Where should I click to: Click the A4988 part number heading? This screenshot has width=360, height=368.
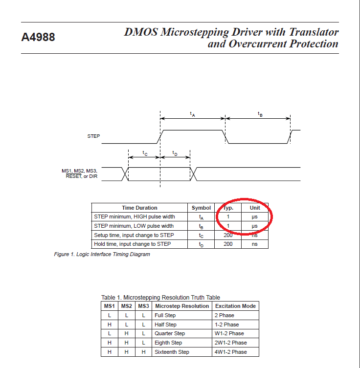(x=38, y=37)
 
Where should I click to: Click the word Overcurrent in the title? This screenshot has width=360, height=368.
(x=258, y=44)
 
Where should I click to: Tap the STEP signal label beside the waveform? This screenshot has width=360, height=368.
(x=93, y=136)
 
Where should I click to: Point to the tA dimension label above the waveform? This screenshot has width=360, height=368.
(x=193, y=114)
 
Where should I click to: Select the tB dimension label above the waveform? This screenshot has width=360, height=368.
(x=260, y=114)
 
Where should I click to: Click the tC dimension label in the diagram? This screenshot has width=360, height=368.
(x=145, y=153)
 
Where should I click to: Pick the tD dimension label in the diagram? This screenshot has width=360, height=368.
(x=175, y=153)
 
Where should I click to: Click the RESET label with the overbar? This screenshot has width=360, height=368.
(x=73, y=176)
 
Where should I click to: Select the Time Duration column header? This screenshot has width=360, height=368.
(x=139, y=208)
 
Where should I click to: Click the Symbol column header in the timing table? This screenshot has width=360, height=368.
(x=201, y=208)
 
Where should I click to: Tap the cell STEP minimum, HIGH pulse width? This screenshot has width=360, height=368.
(x=135, y=216)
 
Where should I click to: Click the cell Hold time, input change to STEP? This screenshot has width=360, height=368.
(x=132, y=244)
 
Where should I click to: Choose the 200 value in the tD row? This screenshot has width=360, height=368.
(x=228, y=244)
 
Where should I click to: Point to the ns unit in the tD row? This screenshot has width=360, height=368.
(x=254, y=244)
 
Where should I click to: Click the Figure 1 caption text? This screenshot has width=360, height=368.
(x=102, y=254)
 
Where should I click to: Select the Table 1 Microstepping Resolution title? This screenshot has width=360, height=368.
(x=160, y=297)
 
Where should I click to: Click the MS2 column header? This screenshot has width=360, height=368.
(x=126, y=306)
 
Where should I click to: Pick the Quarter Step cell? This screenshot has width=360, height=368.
(x=170, y=333)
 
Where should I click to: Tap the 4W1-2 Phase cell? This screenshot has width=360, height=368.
(x=230, y=352)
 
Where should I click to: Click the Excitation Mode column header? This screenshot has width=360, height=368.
(x=235, y=306)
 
